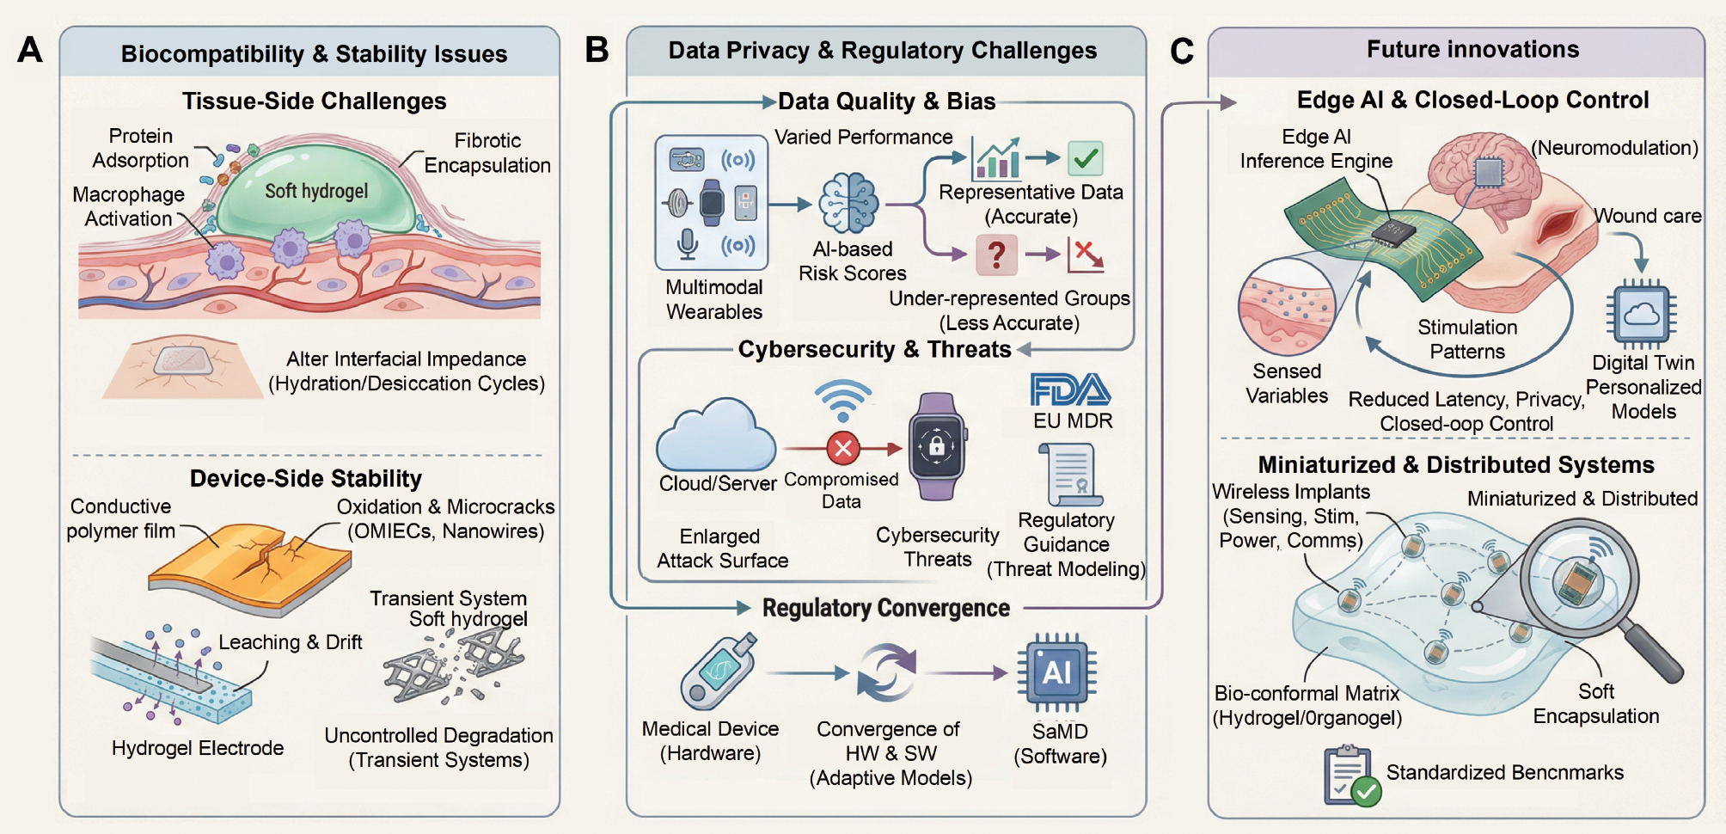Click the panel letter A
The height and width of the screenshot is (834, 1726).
(x=30, y=50)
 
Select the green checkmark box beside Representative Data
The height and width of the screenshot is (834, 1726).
(x=1086, y=158)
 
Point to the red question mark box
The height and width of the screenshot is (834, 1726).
(x=996, y=254)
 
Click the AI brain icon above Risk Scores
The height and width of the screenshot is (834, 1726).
(x=848, y=204)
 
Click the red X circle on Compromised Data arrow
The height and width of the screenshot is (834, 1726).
(x=843, y=448)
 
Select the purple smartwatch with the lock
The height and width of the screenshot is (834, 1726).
(x=937, y=446)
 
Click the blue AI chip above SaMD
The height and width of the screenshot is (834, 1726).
(x=1056, y=672)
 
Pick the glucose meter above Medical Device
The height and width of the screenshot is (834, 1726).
(x=718, y=671)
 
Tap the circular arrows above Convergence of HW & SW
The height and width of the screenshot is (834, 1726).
(x=888, y=673)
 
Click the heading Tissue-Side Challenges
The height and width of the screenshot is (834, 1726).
(x=314, y=101)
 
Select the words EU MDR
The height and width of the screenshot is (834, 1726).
(x=1073, y=421)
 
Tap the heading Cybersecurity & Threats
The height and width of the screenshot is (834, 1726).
(x=874, y=350)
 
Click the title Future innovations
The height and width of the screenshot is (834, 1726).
(x=1472, y=50)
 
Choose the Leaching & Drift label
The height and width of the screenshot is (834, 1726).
(x=290, y=642)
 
